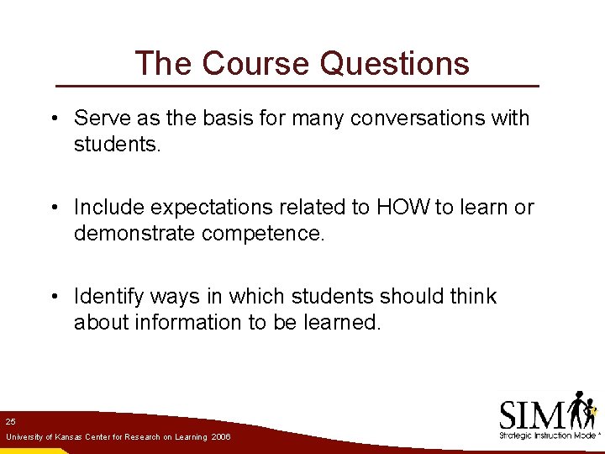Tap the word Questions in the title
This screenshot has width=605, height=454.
[394, 63]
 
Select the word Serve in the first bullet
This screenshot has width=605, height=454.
[99, 118]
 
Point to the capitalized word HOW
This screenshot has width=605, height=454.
[405, 207]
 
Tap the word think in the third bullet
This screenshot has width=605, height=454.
[473, 297]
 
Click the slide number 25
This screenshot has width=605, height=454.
[10, 421]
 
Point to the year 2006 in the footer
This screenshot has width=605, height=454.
[222, 437]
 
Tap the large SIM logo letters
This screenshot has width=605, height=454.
[532, 414]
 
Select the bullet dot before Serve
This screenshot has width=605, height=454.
[53, 119]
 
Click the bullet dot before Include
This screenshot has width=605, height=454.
[53, 208]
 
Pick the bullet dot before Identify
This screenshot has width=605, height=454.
[53, 298]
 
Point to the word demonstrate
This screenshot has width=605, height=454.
[134, 234]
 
